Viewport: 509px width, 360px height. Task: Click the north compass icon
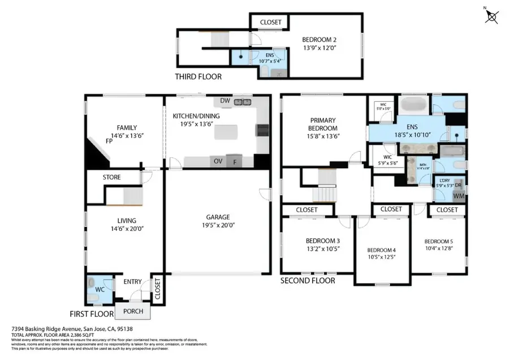coord(491,16)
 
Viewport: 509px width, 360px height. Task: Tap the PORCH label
coord(133,311)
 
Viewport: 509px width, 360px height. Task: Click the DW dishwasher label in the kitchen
coord(226,101)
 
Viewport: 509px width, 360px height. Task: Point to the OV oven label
coord(218,161)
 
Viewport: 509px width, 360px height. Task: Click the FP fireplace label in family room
coord(109,141)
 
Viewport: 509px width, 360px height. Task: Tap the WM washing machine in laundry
coord(459,195)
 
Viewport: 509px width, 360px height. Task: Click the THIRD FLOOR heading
coord(198,77)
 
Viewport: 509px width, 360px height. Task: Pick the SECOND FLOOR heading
coord(308,281)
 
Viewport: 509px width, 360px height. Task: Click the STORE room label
coord(111,178)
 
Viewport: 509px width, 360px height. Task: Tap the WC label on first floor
coord(100,289)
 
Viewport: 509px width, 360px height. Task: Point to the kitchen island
coord(227,132)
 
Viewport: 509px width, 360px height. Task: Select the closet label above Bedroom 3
coord(307,210)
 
